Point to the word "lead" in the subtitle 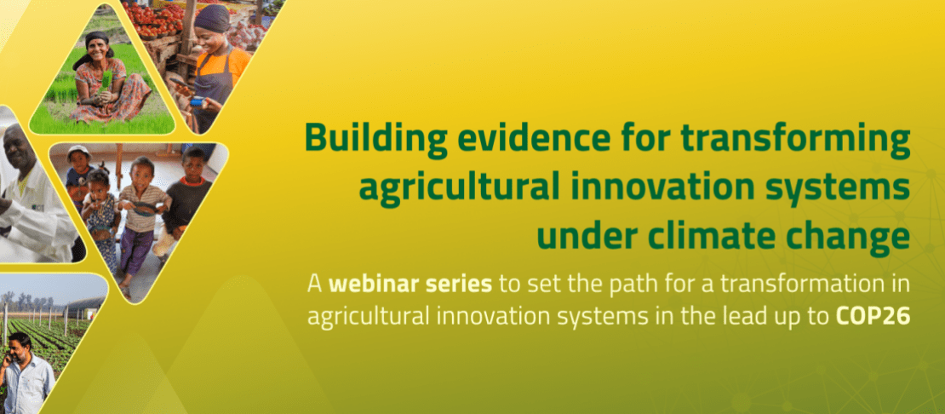tap(743, 316)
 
